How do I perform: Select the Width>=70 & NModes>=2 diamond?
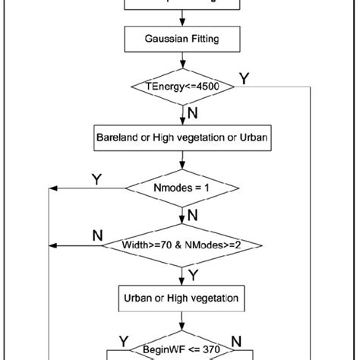coord(182,245)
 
